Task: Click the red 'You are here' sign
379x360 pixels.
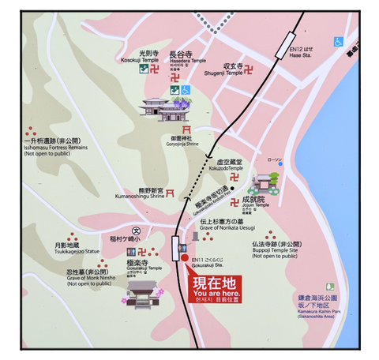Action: tap(216, 290)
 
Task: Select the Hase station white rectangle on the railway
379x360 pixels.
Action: tap(283, 48)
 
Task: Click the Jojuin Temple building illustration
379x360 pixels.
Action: tap(262, 186)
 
